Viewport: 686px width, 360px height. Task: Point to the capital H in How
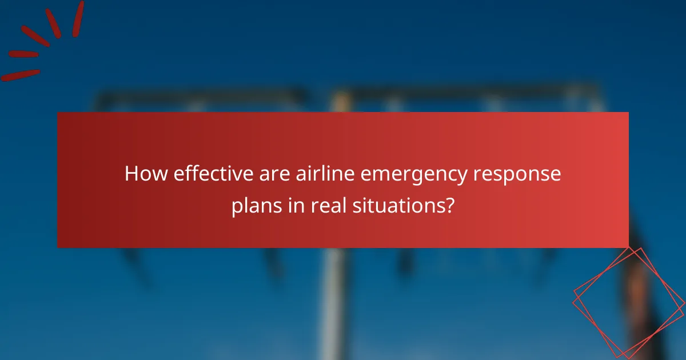click(x=131, y=174)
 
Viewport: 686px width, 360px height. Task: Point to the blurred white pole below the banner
click(x=332, y=303)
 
